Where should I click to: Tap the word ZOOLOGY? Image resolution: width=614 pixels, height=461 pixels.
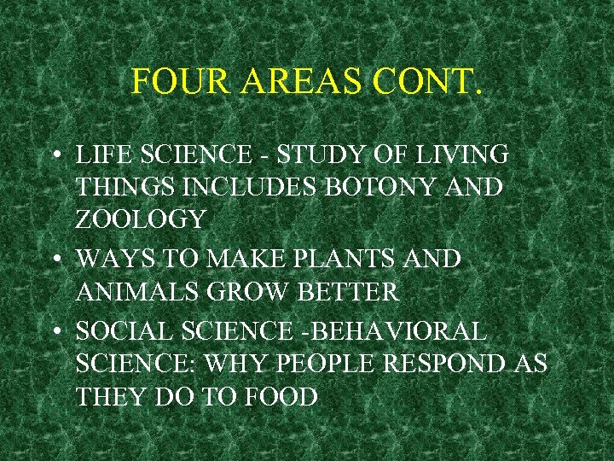[x=140, y=219]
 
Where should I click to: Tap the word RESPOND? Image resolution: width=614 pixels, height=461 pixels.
[x=455, y=364]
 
